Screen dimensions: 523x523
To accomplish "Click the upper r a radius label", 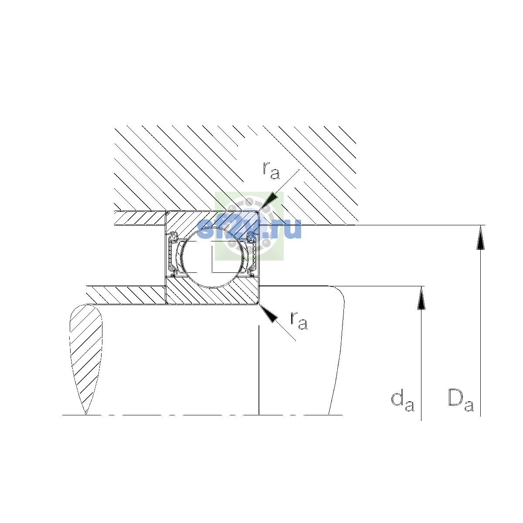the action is pyautogui.click(x=271, y=171).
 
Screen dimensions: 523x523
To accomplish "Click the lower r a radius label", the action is pyautogui.click(x=299, y=321).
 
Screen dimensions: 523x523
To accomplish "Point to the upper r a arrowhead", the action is pyautogui.click(x=269, y=201).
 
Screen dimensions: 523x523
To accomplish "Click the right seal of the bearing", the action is pyautogui.click(x=251, y=254).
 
